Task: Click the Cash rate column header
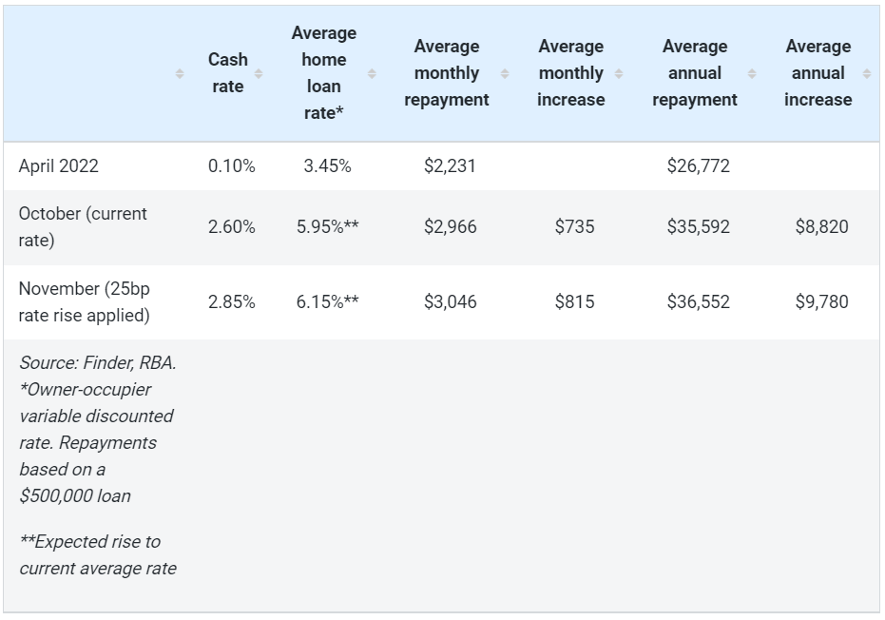pyautogui.click(x=227, y=73)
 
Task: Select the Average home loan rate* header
pyautogui.click(x=323, y=73)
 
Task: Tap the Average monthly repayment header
pyautogui.click(x=446, y=73)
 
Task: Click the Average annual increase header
pyautogui.click(x=818, y=73)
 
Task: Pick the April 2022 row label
pyautogui.click(x=58, y=166)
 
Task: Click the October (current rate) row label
pyautogui.click(x=83, y=227)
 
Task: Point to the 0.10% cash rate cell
pyautogui.click(x=231, y=166)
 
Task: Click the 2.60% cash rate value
pyautogui.click(x=231, y=227)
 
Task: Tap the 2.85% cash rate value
pyautogui.click(x=231, y=302)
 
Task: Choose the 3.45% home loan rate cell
pyautogui.click(x=327, y=166)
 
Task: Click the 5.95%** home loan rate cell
pyautogui.click(x=327, y=227)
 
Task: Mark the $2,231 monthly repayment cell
pyautogui.click(x=450, y=166)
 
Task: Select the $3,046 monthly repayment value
pyautogui.click(x=450, y=302)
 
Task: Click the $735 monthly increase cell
pyautogui.click(x=574, y=227)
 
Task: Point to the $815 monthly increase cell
pyautogui.click(x=574, y=302)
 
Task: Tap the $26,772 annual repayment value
pyautogui.click(x=699, y=166)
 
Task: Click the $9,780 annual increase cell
pyautogui.click(x=821, y=302)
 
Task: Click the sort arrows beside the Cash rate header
pyautogui.click(x=259, y=73)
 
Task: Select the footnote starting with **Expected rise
pyautogui.click(x=97, y=555)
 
